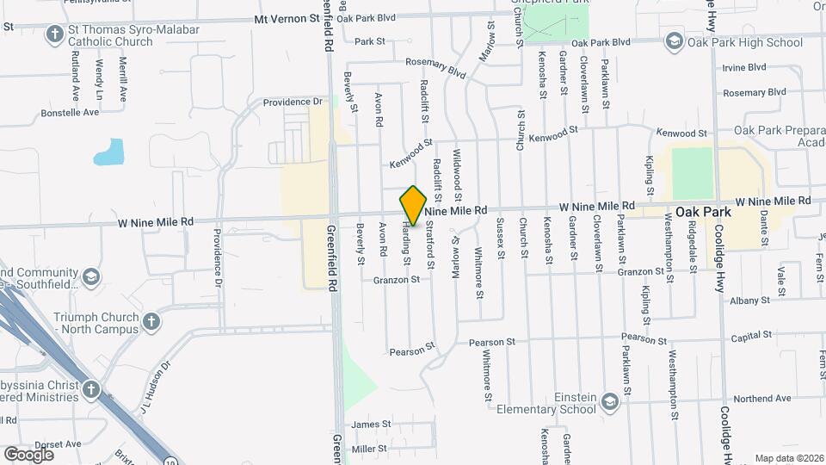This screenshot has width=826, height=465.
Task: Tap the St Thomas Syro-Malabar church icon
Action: click(x=55, y=34)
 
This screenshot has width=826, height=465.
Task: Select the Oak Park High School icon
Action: click(x=674, y=42)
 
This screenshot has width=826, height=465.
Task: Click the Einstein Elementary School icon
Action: click(x=609, y=402)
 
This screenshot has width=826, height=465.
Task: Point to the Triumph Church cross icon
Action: click(x=151, y=322)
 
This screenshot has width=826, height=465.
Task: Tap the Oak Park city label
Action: click(x=703, y=212)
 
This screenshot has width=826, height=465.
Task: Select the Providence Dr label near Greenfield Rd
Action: click(x=293, y=102)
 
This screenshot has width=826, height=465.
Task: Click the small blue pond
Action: click(x=109, y=152)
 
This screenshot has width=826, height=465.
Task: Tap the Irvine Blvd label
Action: click(x=744, y=67)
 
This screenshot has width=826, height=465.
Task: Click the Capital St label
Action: click(x=750, y=338)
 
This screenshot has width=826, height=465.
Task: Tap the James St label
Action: click(x=371, y=425)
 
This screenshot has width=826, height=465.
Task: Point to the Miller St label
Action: click(x=369, y=449)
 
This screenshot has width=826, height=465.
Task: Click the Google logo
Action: click(x=28, y=454)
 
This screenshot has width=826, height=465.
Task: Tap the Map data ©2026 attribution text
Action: click(x=788, y=458)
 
